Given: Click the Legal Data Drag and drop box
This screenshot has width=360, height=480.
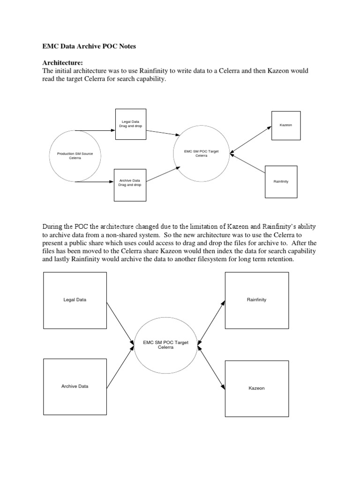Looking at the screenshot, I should [x=131, y=124].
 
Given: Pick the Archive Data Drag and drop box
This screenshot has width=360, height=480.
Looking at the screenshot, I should [x=130, y=182].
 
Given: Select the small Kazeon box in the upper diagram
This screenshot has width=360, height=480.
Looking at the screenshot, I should [x=285, y=126].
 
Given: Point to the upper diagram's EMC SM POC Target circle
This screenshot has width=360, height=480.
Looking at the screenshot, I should [x=201, y=153].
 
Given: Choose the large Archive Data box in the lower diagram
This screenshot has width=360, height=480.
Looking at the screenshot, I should [x=75, y=386].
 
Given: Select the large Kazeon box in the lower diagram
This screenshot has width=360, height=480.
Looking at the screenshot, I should [x=256, y=389].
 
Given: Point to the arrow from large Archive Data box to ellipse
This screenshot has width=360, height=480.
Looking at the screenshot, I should [x=120, y=367].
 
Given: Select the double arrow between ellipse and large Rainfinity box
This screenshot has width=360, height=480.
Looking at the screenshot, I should [x=211, y=323].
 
